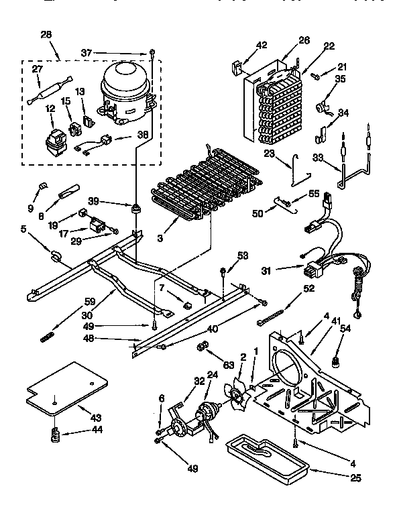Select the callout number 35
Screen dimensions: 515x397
(x=341, y=79)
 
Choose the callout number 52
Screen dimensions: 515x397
(x=308, y=289)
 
